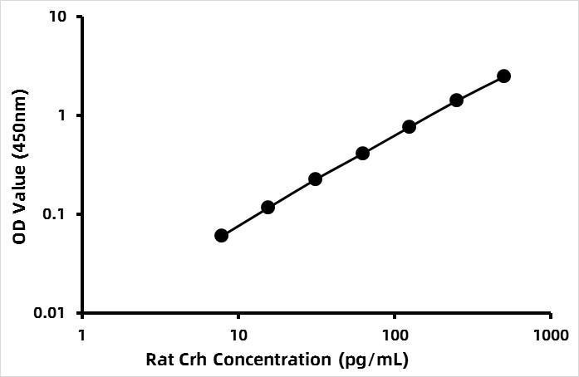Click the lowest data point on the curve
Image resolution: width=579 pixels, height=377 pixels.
tap(221, 236)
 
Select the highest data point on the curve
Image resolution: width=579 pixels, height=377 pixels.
tap(503, 76)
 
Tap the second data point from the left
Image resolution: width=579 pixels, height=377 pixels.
tap(267, 207)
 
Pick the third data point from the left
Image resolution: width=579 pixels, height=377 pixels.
tap(315, 179)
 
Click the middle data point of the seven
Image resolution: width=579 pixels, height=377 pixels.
tap(363, 154)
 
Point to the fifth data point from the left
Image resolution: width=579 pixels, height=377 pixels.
tap(410, 127)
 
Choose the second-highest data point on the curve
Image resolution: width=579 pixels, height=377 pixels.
tap(457, 100)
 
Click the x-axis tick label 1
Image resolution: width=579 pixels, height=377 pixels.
tap(82, 335)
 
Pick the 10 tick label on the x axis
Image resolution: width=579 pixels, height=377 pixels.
tap(238, 335)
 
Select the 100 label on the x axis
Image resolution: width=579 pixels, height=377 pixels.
tap(395, 335)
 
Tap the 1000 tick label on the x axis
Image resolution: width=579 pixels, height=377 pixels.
tap(551, 335)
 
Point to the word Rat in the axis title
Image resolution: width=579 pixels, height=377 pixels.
tap(157, 360)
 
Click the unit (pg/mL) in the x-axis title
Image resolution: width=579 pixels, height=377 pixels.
tap(374, 360)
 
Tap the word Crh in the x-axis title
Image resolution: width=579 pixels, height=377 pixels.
tap(191, 360)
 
